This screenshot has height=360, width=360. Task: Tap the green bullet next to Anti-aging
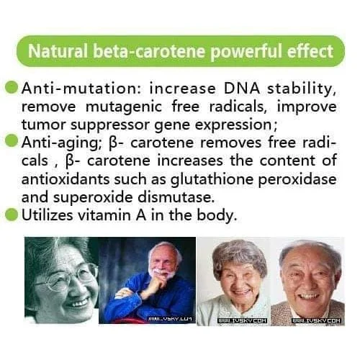(12, 140)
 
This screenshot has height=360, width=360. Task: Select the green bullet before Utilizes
(12, 213)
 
